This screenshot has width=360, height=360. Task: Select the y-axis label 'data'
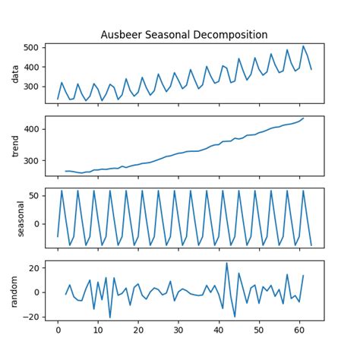coord(14,73)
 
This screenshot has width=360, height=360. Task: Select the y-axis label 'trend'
coord(14,145)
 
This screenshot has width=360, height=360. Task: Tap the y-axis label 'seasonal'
coord(14,217)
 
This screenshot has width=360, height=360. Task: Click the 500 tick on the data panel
coord(33,48)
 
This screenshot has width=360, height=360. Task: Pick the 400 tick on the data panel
coord(33,68)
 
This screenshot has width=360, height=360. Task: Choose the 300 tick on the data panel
coord(33,87)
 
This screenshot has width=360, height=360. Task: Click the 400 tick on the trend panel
coord(33,129)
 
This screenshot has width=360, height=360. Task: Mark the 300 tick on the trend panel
coord(33,161)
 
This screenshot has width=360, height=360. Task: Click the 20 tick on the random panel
coord(35,268)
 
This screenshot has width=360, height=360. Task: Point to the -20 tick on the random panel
coord(33,316)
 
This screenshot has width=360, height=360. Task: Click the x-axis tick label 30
coord(178,331)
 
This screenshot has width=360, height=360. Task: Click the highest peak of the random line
coord(226,264)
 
